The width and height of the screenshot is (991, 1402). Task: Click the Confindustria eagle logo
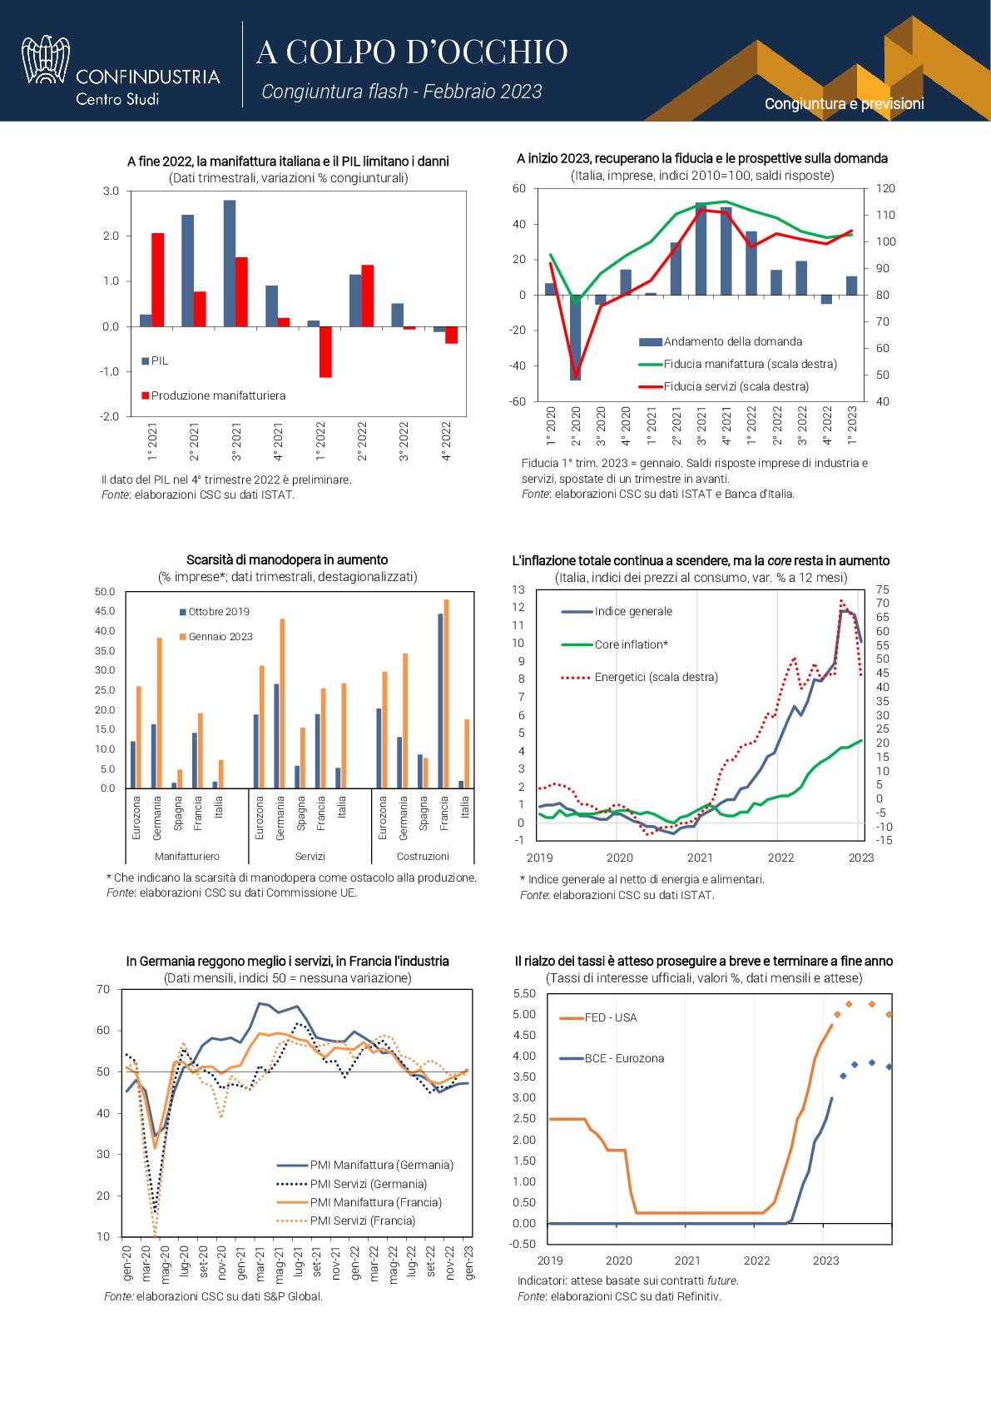[x=45, y=59]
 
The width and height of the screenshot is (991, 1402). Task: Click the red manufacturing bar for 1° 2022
[x=325, y=352]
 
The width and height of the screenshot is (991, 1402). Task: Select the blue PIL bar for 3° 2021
[x=230, y=263]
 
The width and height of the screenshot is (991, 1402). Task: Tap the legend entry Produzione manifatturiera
[x=214, y=395]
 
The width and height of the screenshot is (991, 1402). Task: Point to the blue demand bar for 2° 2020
[x=575, y=337]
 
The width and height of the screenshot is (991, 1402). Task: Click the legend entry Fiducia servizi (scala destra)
[x=724, y=386]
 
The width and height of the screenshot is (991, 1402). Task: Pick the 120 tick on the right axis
[x=886, y=188]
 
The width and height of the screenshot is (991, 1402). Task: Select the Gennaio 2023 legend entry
[x=216, y=637]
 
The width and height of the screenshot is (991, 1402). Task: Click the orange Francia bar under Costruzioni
[x=446, y=694]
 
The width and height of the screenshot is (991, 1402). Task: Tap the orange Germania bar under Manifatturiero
[x=159, y=713]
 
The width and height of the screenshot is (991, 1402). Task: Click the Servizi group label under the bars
[x=310, y=856]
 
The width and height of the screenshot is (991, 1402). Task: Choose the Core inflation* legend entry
[x=615, y=644]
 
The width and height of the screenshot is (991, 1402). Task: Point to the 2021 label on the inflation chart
[x=700, y=857]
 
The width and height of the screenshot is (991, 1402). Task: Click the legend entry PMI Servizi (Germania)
[x=352, y=1184]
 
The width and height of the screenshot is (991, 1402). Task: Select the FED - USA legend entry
[x=598, y=1017]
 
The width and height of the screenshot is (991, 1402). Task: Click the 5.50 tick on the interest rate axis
[x=524, y=993]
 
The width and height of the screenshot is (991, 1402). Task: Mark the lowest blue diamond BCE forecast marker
[x=843, y=1076]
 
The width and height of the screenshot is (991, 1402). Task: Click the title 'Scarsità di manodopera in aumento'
[x=287, y=559]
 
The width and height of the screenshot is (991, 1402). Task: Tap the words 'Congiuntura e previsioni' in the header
[x=844, y=104]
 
